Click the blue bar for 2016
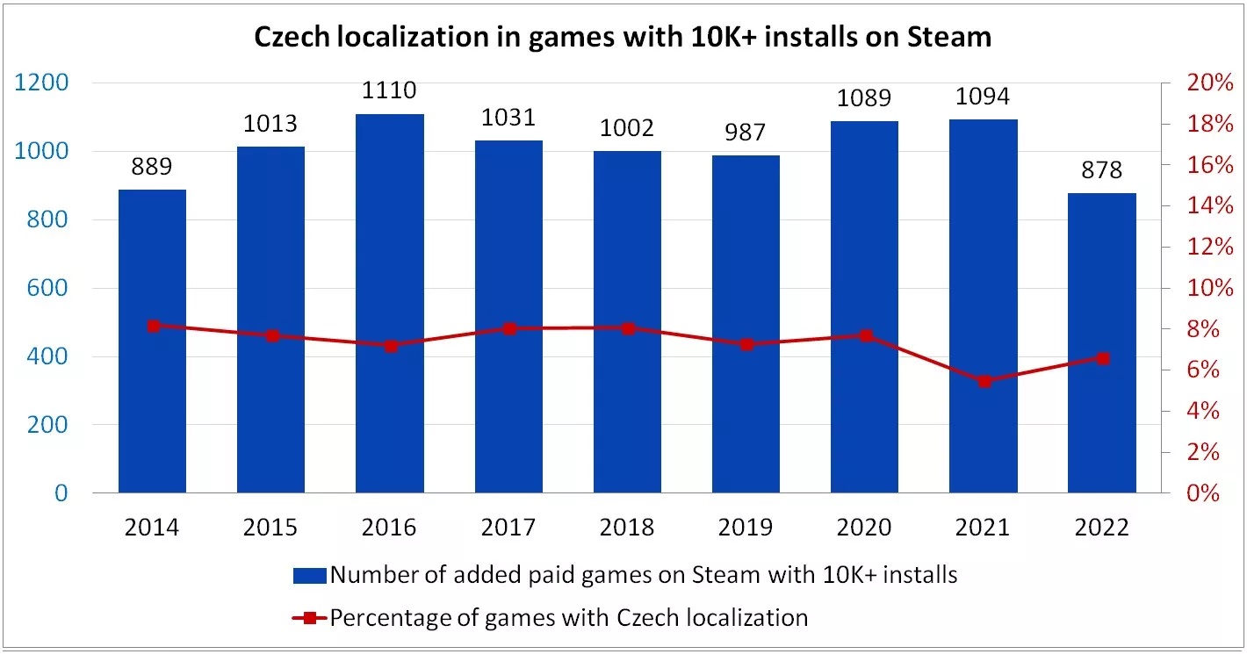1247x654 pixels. pos(390,303)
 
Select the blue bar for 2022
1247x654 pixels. pos(1102,342)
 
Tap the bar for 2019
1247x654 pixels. pos(746,324)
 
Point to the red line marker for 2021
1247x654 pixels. pos(984,381)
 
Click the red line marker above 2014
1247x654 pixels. pos(154,326)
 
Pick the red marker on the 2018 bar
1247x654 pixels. pos(628,328)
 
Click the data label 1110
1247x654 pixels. pos(390,90)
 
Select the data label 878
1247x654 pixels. pos(1102,169)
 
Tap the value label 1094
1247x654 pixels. pos(984,96)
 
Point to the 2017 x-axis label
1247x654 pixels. pos(508,528)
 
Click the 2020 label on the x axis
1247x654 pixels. pos(865,528)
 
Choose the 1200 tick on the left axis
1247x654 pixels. pos(42,83)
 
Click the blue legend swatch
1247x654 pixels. pos(310,576)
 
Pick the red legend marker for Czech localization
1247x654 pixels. pos(310,618)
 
